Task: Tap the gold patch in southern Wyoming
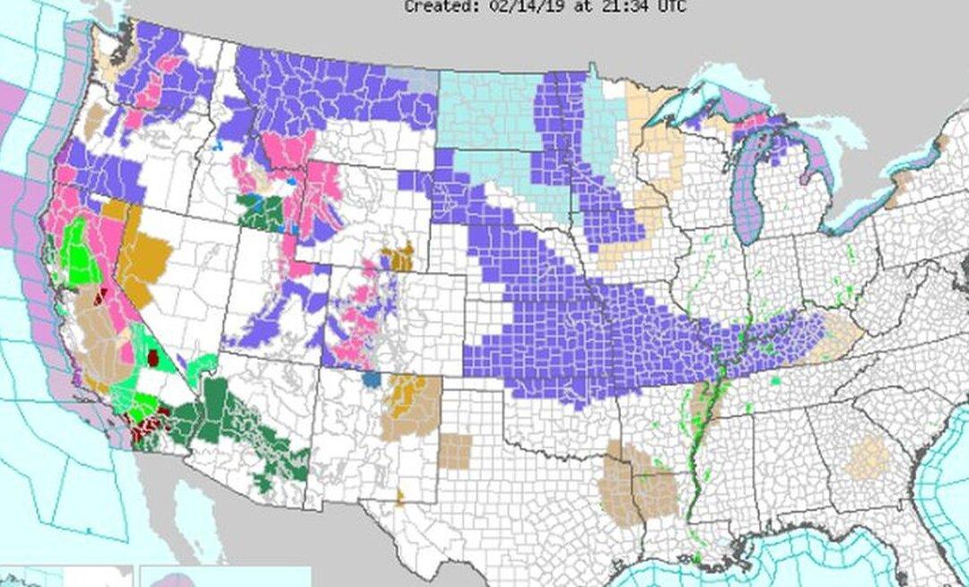click(x=397, y=256)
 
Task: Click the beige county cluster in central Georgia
click(x=867, y=459)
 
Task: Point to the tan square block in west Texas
click(x=455, y=451)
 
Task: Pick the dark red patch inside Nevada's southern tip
click(x=153, y=359)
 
